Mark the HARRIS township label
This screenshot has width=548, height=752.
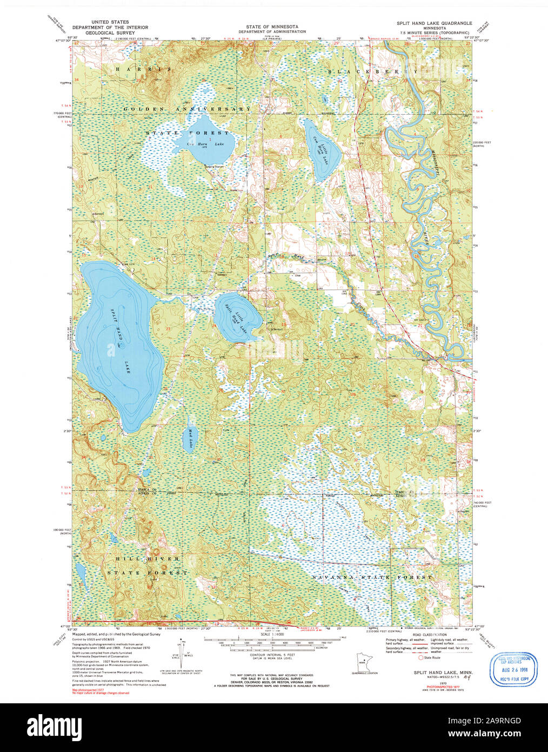coord(142,69)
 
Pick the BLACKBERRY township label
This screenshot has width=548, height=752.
coord(373,71)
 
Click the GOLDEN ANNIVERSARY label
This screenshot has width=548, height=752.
coord(187,109)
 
